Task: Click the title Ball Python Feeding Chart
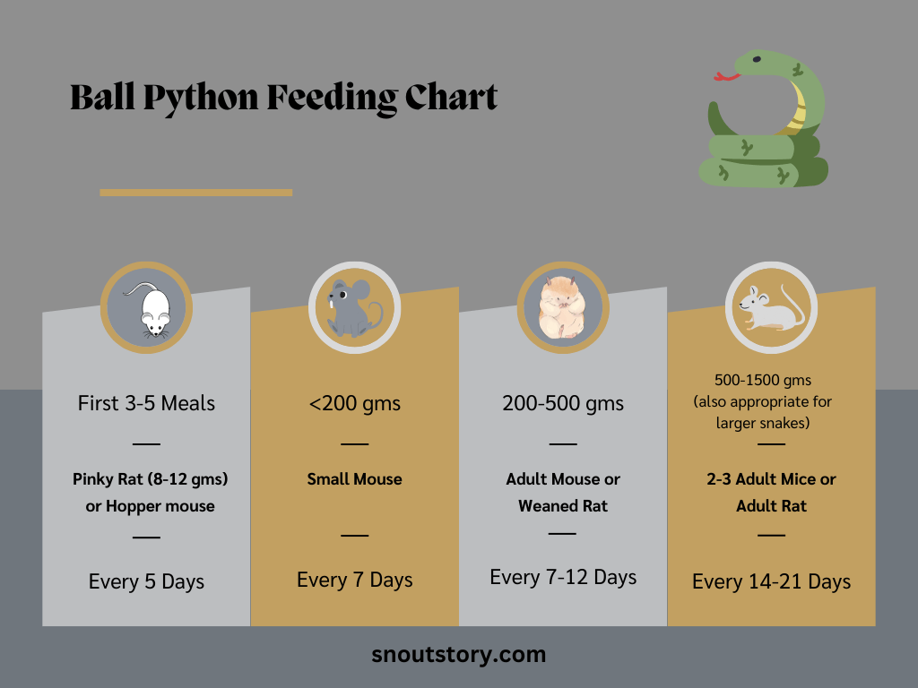pyautogui.click(x=283, y=98)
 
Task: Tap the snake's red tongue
pyautogui.click(x=726, y=76)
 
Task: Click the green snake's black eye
pyautogui.click(x=758, y=60)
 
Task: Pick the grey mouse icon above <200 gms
pyautogui.click(x=354, y=307)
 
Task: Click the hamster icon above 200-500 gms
pyautogui.click(x=562, y=307)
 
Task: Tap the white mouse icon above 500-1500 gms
pyautogui.click(x=771, y=307)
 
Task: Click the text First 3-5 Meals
pyautogui.click(x=146, y=403)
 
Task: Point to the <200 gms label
pyautogui.click(x=355, y=403)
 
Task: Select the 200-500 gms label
pyautogui.click(x=563, y=403)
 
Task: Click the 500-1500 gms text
pyautogui.click(x=763, y=381)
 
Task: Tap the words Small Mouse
pyautogui.click(x=355, y=479)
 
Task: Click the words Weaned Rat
pyautogui.click(x=563, y=506)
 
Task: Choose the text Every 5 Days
pyautogui.click(x=146, y=582)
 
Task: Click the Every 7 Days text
pyautogui.click(x=355, y=580)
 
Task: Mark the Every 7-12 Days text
pyautogui.click(x=563, y=578)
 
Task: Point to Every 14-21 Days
pyautogui.click(x=771, y=582)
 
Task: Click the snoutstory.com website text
pyautogui.click(x=458, y=655)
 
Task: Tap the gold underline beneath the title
pyautogui.click(x=195, y=192)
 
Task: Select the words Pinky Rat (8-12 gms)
pyautogui.click(x=151, y=479)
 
